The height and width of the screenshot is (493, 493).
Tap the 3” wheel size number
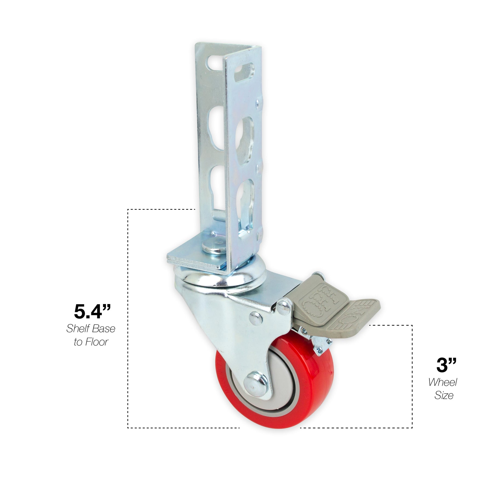click(x=446, y=365)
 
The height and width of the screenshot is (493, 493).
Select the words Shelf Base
click(x=91, y=329)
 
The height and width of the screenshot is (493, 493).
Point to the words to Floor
click(x=91, y=342)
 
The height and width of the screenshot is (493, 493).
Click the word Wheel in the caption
click(x=443, y=382)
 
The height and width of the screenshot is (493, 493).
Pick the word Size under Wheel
click(x=444, y=395)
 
